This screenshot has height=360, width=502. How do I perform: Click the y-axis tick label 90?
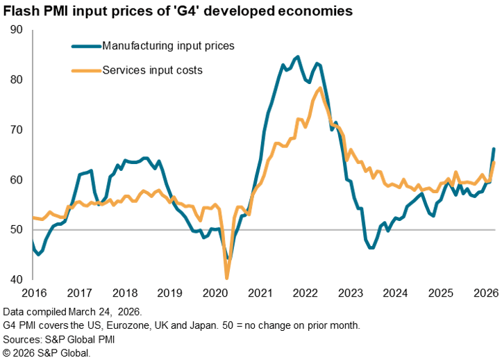tap(16, 30)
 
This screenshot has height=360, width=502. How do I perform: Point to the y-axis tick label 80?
tap(16, 80)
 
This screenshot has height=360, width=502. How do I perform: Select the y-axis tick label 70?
tap(16, 130)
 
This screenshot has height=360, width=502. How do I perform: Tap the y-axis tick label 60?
tap(16, 180)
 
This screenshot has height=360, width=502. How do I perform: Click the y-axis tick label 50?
tap(16, 230)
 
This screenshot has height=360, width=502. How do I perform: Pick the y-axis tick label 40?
tap(16, 280)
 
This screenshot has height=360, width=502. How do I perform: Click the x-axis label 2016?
tap(33, 293)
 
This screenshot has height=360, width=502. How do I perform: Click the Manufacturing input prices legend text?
tap(168, 47)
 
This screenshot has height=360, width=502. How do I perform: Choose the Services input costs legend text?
tap(152, 70)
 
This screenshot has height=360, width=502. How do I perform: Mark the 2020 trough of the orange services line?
tap(227, 278)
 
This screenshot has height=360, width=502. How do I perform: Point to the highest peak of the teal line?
tap(297, 57)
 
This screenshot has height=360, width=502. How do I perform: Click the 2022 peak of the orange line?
tap(319, 88)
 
